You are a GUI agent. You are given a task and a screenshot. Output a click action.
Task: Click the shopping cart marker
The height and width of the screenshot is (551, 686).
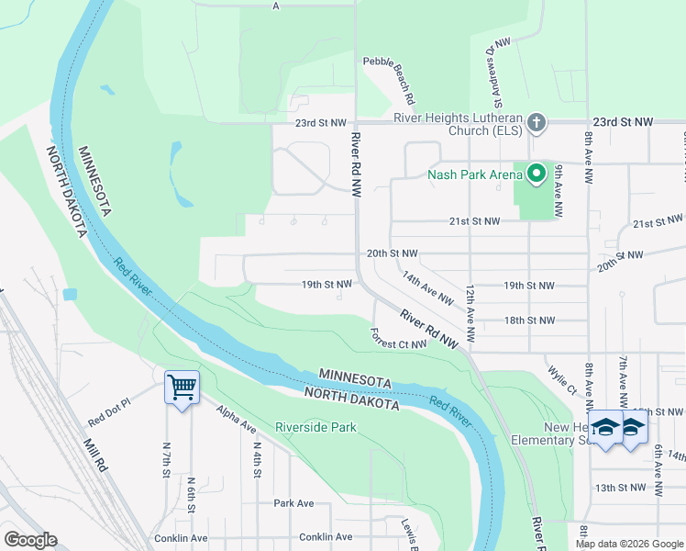[182, 388]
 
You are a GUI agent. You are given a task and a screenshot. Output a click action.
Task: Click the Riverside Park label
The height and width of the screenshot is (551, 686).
[316, 428]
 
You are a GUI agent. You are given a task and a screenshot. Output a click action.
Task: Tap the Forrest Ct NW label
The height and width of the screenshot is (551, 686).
[399, 339]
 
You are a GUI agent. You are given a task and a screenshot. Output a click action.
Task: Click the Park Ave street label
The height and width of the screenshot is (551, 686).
[293, 503]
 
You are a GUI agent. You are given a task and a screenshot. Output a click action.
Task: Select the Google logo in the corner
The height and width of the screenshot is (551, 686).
[30, 540]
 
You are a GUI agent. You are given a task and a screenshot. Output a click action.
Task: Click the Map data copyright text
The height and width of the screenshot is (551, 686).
[629, 544]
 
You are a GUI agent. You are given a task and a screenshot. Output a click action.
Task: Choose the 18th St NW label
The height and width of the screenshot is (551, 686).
[529, 320]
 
